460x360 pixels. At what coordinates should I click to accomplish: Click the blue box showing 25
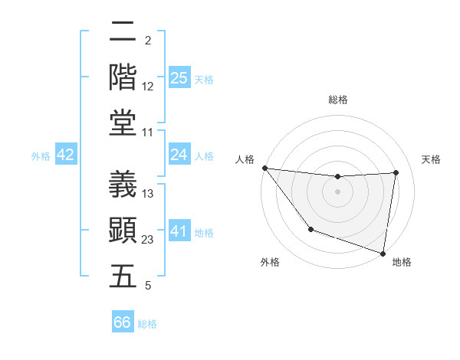click(x=179, y=78)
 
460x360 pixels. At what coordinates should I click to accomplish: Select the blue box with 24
click(x=179, y=155)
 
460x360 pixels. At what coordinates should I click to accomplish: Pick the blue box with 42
click(x=65, y=155)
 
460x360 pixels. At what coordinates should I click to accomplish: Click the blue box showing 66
click(x=122, y=322)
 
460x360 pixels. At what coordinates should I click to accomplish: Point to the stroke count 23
click(x=148, y=240)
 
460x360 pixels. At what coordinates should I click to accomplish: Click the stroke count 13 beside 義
click(x=148, y=194)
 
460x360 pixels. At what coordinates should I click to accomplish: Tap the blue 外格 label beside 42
click(x=41, y=156)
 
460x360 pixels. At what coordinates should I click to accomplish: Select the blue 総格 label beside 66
click(x=147, y=324)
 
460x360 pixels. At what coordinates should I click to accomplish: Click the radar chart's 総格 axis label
click(x=338, y=100)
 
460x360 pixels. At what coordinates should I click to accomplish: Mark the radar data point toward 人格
click(x=264, y=168)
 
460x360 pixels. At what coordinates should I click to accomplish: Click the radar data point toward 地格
click(x=383, y=252)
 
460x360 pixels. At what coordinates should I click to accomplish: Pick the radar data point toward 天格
click(x=396, y=172)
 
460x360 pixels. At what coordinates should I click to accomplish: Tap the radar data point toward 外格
click(x=310, y=229)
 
